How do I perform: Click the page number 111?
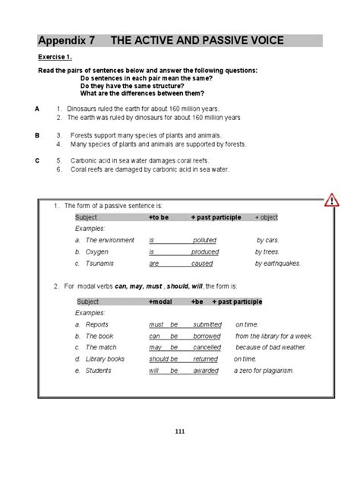(x=180, y=431)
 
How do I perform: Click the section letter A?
(x=37, y=109)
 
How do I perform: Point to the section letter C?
(x=37, y=161)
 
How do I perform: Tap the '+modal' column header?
(x=161, y=302)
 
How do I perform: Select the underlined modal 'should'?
(x=158, y=358)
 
